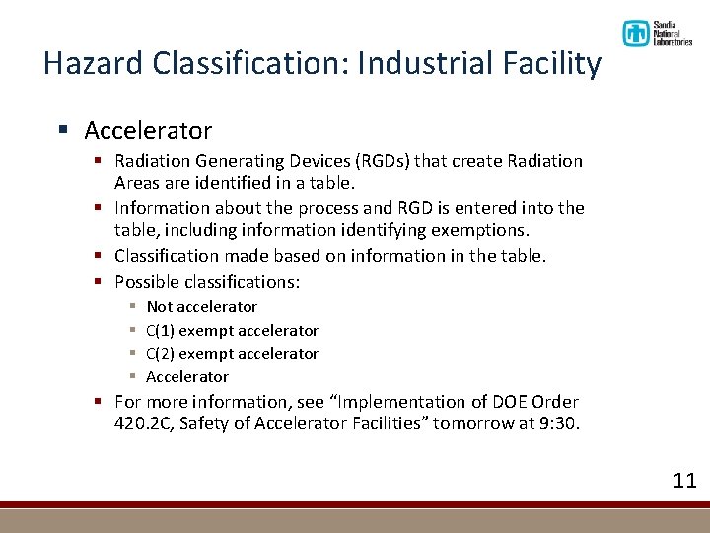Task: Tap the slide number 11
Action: tap(684, 481)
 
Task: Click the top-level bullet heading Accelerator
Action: tap(148, 130)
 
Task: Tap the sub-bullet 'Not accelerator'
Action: tap(201, 307)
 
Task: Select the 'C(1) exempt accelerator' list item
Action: tap(232, 331)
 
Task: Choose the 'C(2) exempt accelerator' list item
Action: tap(232, 353)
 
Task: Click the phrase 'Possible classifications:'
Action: tap(207, 282)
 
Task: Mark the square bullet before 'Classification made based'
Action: tap(100, 256)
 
